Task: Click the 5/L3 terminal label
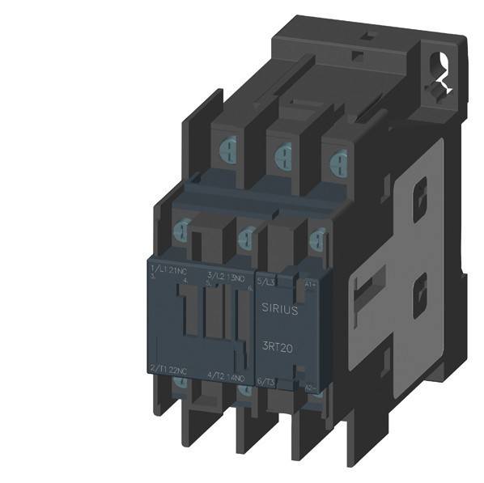266,281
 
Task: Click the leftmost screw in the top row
227,149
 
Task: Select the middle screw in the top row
282,152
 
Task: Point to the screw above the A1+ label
316,238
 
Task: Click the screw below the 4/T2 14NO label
244,391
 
